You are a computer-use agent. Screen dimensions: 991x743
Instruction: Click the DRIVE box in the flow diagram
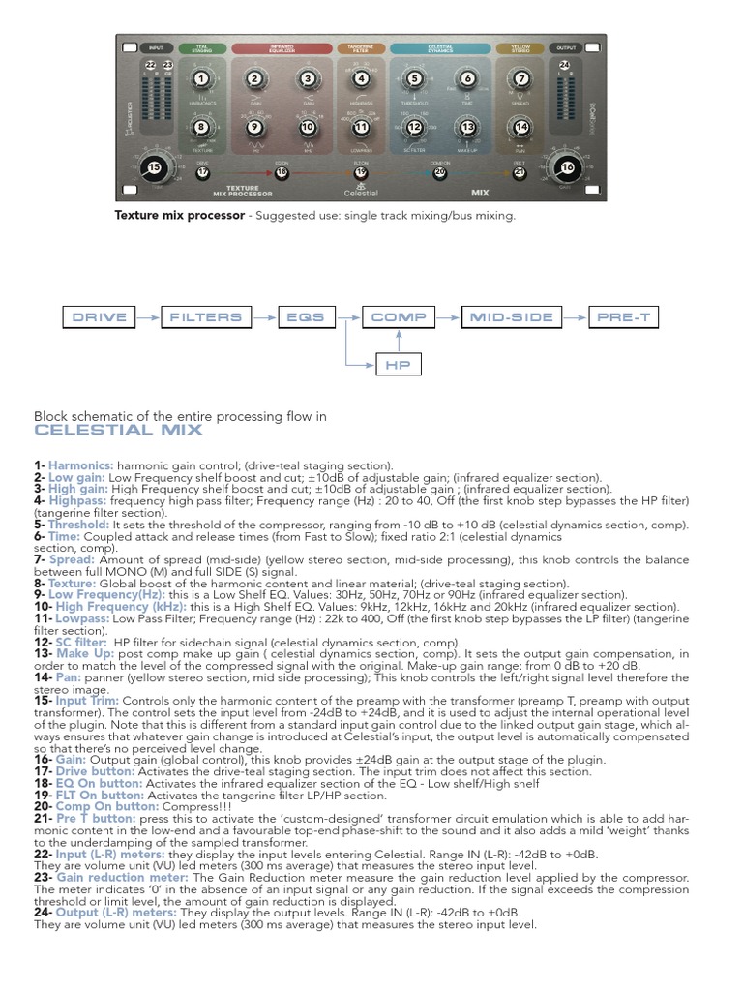(x=100, y=316)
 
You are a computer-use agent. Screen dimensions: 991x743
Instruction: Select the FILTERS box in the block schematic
(x=206, y=316)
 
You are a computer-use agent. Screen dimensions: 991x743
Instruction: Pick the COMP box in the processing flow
(x=399, y=316)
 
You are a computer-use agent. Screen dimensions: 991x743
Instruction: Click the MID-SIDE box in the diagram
(x=512, y=316)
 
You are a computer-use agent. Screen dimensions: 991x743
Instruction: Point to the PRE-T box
(x=624, y=316)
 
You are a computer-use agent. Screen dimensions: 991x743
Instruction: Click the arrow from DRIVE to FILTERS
(x=147, y=316)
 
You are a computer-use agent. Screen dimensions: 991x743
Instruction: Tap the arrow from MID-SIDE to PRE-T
(x=574, y=316)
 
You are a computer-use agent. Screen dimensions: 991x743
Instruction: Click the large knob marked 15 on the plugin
(x=153, y=167)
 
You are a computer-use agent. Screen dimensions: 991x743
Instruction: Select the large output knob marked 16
(x=568, y=166)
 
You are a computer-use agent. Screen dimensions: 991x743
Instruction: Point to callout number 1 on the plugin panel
(x=200, y=79)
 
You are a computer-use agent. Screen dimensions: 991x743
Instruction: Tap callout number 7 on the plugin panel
(x=522, y=79)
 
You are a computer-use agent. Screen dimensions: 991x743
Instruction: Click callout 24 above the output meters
(x=565, y=65)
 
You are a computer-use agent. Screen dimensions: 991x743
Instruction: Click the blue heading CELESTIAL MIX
(x=118, y=430)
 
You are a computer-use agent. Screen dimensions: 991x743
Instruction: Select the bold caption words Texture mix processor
(x=180, y=215)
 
